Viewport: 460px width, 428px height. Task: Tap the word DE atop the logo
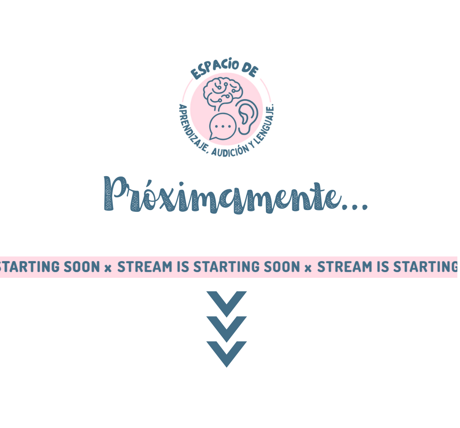coord(250,70)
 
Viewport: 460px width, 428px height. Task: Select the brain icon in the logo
coord(223,93)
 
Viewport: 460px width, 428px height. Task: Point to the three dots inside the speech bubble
coord(223,126)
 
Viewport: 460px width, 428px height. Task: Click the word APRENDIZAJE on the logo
coord(191,129)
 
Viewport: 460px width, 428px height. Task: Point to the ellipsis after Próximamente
coord(355,207)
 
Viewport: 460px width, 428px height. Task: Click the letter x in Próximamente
coord(167,199)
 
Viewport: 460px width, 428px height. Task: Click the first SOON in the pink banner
coord(82,267)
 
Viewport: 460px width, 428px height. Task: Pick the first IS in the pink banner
coord(183,267)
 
